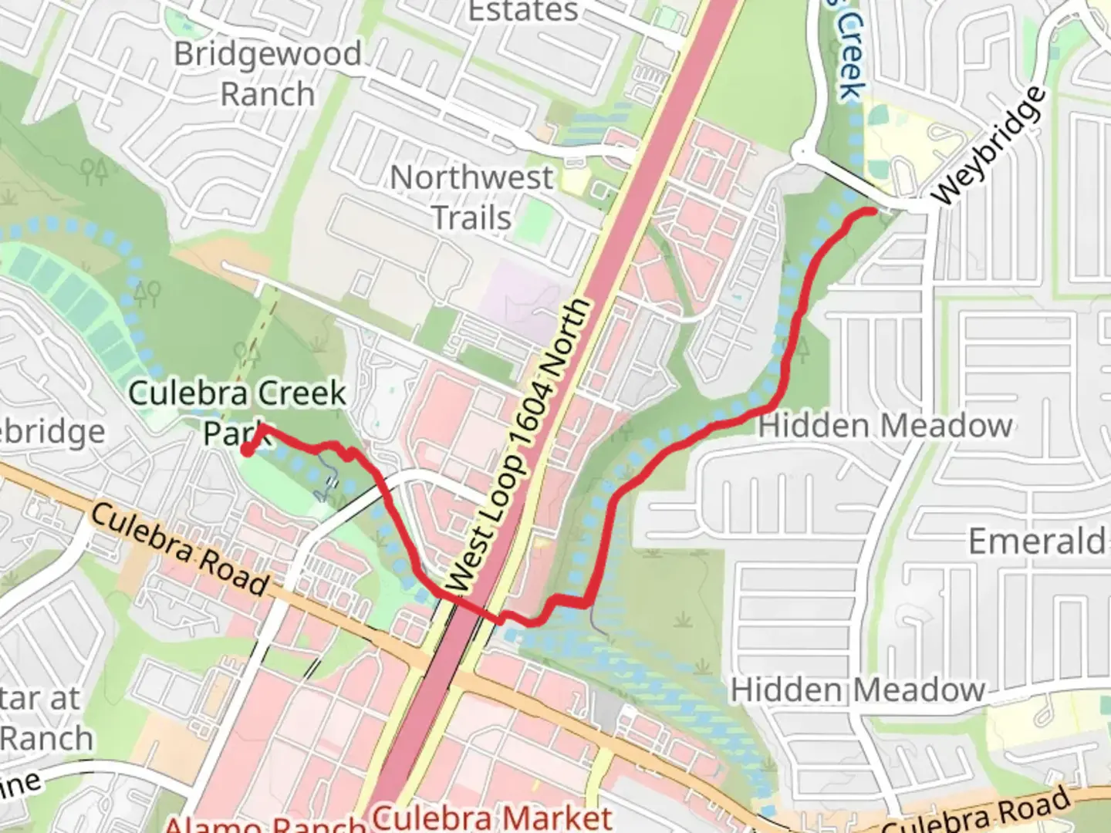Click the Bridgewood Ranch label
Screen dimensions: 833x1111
267,74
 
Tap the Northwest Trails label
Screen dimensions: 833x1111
471,197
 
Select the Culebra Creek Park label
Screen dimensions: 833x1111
237,412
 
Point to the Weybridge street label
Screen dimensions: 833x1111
990,147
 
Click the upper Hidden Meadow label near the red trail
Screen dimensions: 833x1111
885,426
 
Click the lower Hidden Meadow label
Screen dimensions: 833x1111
857,690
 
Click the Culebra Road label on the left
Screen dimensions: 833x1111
181,549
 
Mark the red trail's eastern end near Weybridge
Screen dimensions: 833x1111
873,211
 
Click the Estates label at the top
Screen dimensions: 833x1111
523,11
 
